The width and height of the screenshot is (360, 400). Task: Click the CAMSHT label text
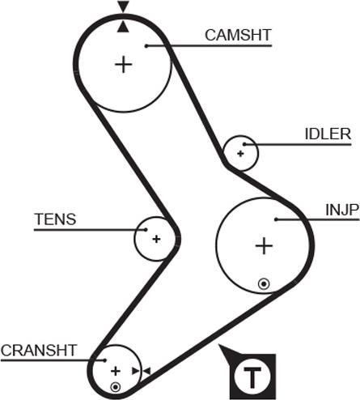pyautogui.click(x=238, y=35)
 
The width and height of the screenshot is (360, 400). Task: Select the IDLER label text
pyautogui.click(x=328, y=134)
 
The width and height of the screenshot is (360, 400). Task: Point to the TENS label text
pyautogui.click(x=54, y=219)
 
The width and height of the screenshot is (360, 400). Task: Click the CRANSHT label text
pyautogui.click(x=38, y=350)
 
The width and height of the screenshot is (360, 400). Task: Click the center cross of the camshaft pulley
pyautogui.click(x=124, y=63)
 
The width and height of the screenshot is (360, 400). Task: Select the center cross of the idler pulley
pyautogui.click(x=241, y=152)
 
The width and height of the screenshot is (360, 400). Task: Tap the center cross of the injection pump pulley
pyautogui.click(x=263, y=245)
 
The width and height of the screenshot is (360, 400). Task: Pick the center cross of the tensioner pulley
pyautogui.click(x=156, y=239)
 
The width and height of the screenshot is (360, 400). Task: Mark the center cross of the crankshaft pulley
pyautogui.click(x=116, y=371)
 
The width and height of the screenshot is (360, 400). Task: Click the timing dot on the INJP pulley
pyautogui.click(x=263, y=283)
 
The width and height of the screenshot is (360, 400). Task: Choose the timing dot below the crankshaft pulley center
pyautogui.click(x=116, y=388)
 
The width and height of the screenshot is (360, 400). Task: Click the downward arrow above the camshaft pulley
pyautogui.click(x=123, y=7)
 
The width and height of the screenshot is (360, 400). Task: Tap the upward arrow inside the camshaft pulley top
pyautogui.click(x=123, y=26)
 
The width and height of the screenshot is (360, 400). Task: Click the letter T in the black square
pyautogui.click(x=254, y=377)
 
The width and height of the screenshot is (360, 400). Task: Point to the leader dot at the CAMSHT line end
pyautogui.click(x=146, y=45)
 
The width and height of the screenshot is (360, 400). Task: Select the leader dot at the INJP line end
pyautogui.click(x=277, y=219)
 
